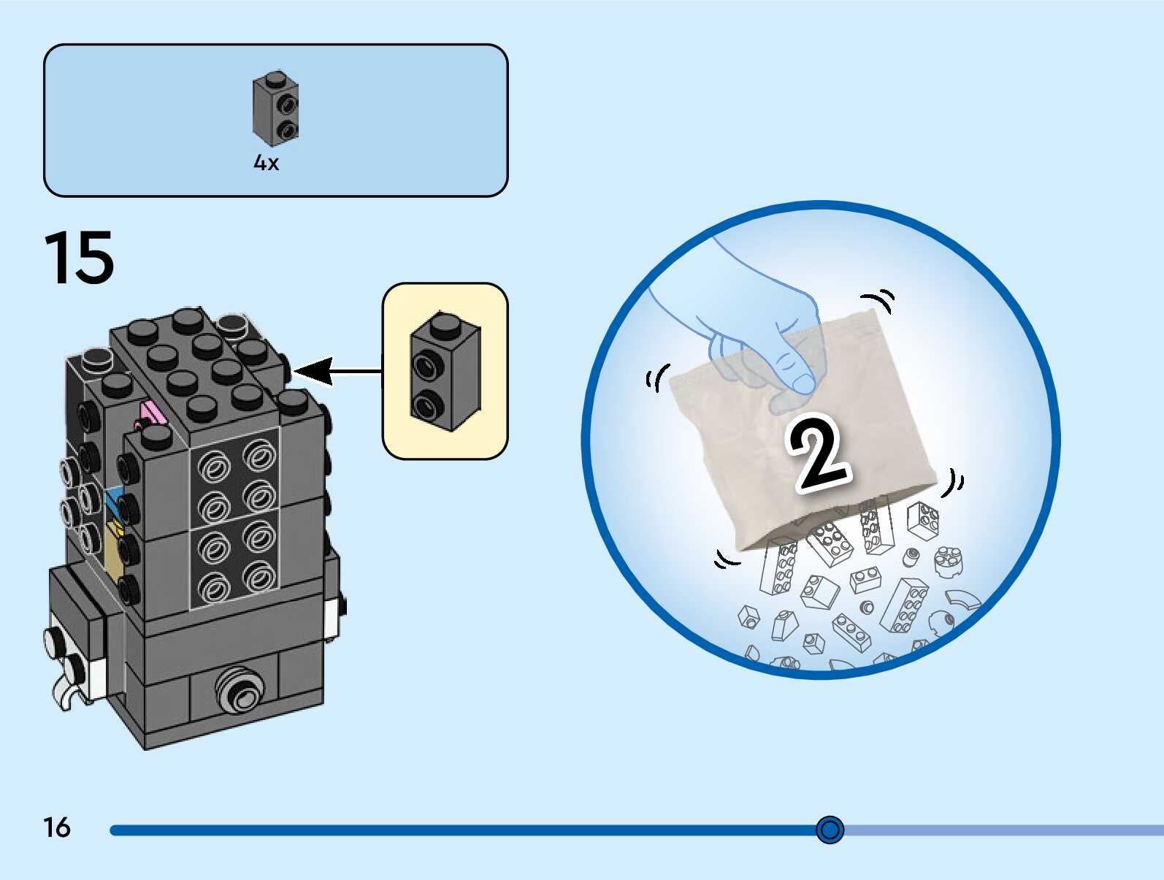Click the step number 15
pyautogui.click(x=79, y=258)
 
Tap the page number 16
pyautogui.click(x=57, y=827)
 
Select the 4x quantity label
pyautogui.click(x=266, y=163)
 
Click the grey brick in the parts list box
pyautogui.click(x=275, y=108)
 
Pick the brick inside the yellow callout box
pyautogui.click(x=445, y=371)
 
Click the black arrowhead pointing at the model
pyautogui.click(x=313, y=371)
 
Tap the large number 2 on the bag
pyautogui.click(x=819, y=454)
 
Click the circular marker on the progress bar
pyautogui.click(x=830, y=830)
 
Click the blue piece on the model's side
pyautogui.click(x=114, y=501)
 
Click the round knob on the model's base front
pyautogui.click(x=240, y=690)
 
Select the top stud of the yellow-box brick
pyautogui.click(x=445, y=323)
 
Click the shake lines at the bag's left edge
pyautogui.click(x=657, y=378)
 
